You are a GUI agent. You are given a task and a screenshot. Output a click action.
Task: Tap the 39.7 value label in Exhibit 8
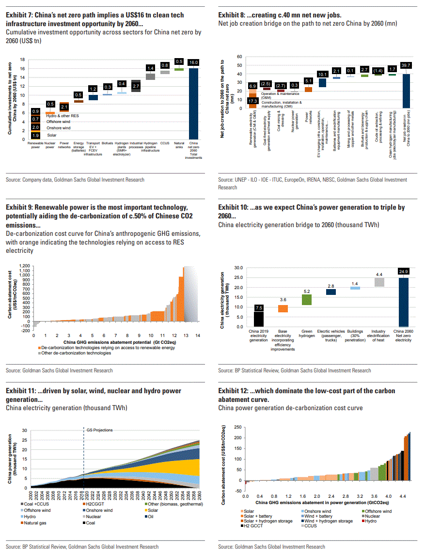pos(406,65)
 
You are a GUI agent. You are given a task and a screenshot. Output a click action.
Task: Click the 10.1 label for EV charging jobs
pos(322,74)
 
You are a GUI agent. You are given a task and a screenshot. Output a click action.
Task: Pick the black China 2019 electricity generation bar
pos(259,319)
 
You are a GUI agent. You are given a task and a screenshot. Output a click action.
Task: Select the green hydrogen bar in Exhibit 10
pos(307,299)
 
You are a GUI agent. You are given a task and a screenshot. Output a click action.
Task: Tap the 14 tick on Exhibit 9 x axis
pos(198,335)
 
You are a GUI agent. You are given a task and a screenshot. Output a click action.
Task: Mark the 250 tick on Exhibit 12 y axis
pos(237,427)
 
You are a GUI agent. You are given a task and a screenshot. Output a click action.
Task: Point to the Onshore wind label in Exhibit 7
pos(59,128)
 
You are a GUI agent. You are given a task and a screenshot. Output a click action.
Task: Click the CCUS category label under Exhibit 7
pos(165,143)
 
